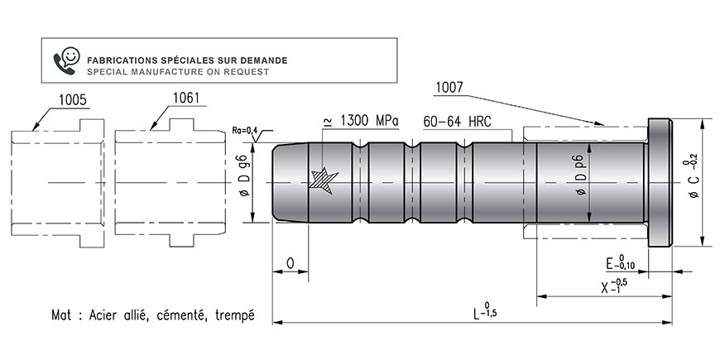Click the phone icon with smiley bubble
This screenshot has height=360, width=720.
coord(66,60)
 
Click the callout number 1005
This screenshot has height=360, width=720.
coord(73,100)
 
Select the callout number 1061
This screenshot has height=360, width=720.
coord(186,98)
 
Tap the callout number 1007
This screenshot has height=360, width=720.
coord(449,88)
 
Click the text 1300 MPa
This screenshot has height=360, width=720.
coord(369,121)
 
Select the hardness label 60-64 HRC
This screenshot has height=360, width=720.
coord(457,122)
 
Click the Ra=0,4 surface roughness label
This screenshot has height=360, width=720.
coord(244,131)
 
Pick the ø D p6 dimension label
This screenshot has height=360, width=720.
coord(581,177)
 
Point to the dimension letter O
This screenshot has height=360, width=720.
coord(290,263)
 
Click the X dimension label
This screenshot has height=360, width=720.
coord(613,286)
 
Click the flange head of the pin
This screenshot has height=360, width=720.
coord(660,183)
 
